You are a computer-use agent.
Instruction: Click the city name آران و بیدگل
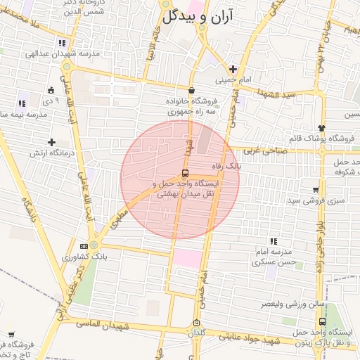coord(198,18)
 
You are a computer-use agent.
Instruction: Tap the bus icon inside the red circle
coord(185,173)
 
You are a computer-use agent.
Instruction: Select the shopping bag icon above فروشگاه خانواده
coord(192,89)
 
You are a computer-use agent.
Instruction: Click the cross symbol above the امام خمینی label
coord(233,69)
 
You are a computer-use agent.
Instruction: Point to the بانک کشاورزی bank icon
coord(84,246)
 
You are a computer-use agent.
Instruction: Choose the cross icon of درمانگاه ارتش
coord(51,142)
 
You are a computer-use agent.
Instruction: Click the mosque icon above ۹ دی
coord(51,90)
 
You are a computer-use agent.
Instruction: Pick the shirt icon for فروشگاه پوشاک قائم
coord(321,128)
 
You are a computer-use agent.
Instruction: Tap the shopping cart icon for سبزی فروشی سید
coord(315,190)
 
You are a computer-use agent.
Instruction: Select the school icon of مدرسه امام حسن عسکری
coord(274,241)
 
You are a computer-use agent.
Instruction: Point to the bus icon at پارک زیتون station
coord(323,321)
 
